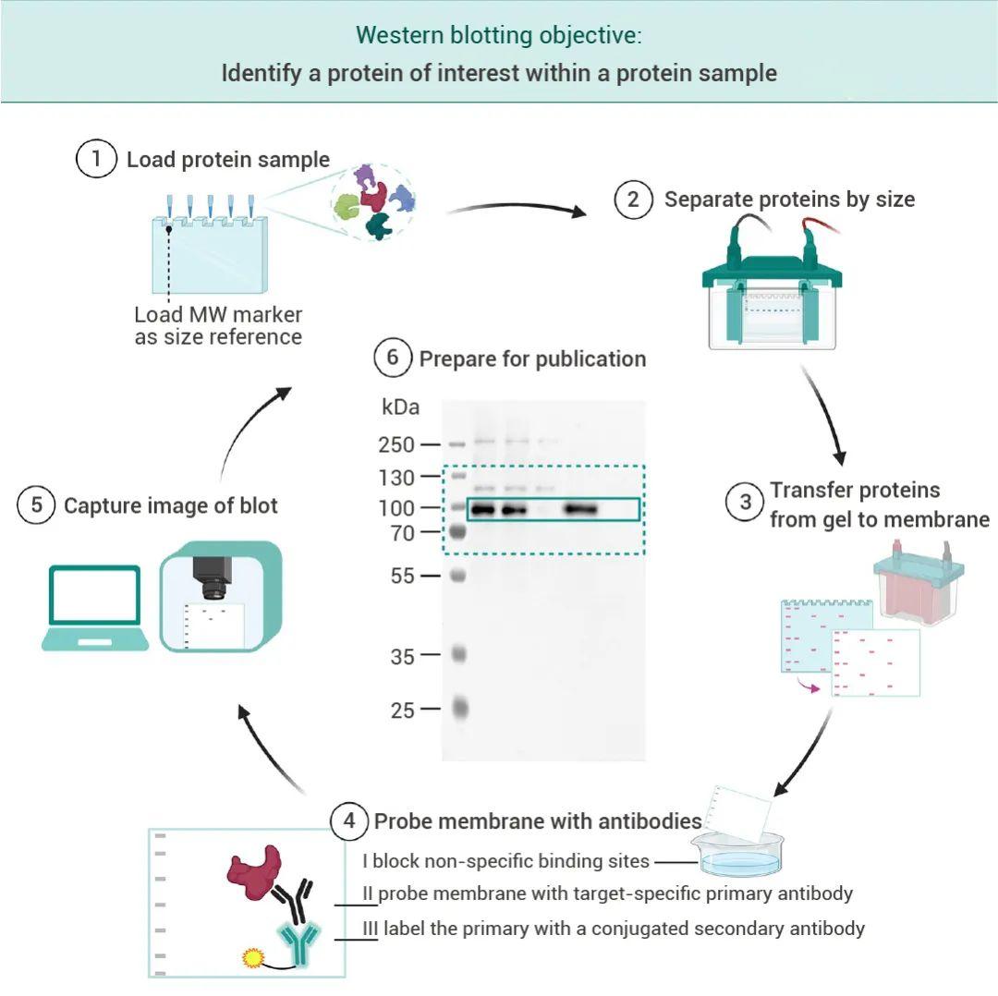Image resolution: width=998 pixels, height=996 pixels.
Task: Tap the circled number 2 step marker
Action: (634, 200)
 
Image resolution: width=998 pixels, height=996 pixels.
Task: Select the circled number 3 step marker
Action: (745, 504)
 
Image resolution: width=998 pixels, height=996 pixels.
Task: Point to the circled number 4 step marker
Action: (349, 820)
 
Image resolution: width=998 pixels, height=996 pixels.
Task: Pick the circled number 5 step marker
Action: (36, 505)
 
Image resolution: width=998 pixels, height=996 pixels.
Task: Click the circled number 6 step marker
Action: (393, 358)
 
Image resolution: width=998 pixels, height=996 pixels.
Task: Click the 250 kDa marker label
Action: (396, 444)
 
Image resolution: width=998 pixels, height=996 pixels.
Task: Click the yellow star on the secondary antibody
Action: (252, 957)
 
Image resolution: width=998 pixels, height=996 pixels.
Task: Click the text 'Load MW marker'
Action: (218, 313)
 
